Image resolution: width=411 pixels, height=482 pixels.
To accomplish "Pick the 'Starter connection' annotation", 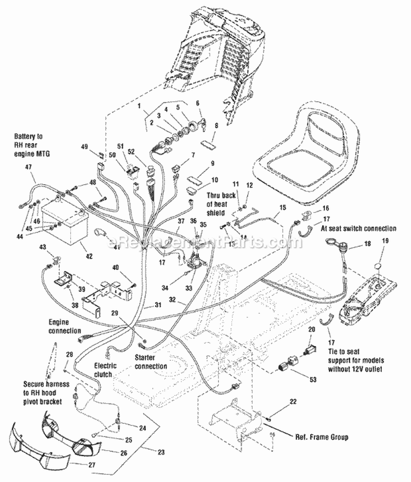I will coord(151,362).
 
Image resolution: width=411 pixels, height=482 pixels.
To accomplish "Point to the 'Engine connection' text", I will coord(64,327).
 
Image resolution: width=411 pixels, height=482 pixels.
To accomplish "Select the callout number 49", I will coord(84,146).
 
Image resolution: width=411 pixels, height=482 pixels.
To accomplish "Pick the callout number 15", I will coord(283,207).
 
